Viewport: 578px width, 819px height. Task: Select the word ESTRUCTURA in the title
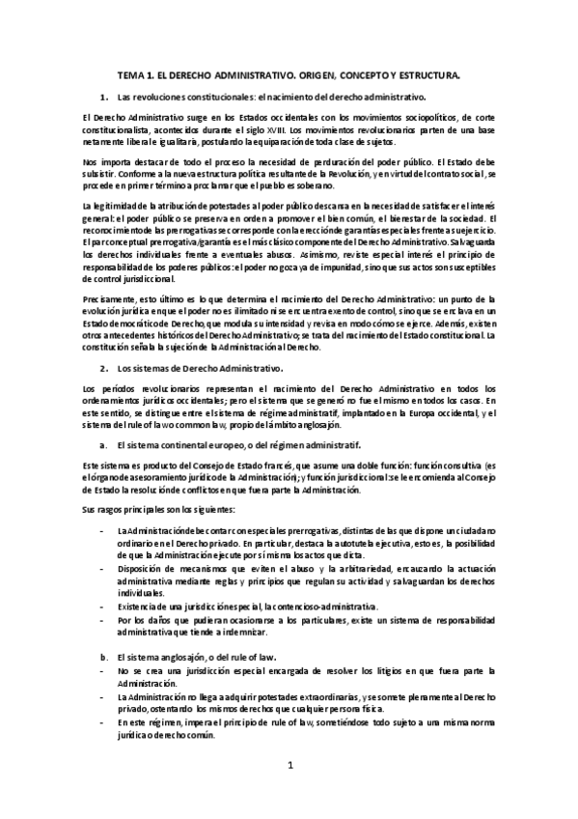pyautogui.click(x=422, y=73)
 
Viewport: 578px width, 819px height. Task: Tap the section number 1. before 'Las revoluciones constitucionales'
pyautogui.click(x=103, y=98)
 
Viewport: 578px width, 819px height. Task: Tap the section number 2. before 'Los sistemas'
pyautogui.click(x=103, y=368)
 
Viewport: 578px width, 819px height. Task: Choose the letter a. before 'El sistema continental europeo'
pyautogui.click(x=103, y=445)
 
